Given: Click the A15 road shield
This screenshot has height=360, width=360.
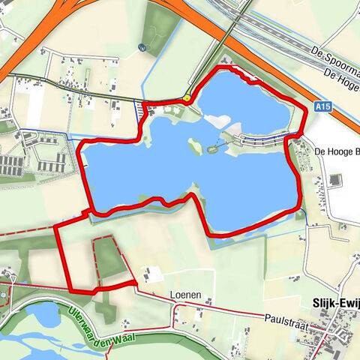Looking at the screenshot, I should (323, 107).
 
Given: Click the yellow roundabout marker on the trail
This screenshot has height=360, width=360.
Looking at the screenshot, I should (185, 97).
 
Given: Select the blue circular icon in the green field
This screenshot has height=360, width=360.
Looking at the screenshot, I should (142, 46).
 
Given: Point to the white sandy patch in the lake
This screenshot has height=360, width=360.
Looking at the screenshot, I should (217, 121).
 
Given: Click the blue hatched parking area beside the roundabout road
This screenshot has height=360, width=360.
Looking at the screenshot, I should (141, 109).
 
